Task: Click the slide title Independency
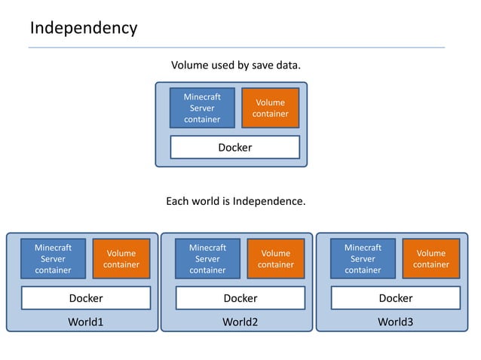pos(84,29)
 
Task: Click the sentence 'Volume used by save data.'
pos(236,66)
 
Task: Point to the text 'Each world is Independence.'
pos(236,202)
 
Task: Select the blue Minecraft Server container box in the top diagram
pos(202,108)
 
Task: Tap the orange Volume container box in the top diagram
pos(270,108)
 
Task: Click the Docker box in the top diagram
pos(235,148)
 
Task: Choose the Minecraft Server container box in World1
pos(53,258)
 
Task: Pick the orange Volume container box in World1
pos(121,258)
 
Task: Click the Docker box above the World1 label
pos(86,298)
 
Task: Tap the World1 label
pos(85,322)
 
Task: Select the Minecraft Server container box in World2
pos(207,258)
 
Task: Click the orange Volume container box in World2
pos(275,258)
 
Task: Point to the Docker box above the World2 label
pos(240,298)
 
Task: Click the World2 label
pos(240,322)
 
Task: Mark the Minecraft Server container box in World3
pos(363,258)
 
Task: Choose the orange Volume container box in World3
pos(431,258)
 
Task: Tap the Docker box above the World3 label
pos(396,298)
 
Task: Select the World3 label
pos(396,322)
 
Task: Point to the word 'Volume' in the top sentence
pos(190,66)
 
